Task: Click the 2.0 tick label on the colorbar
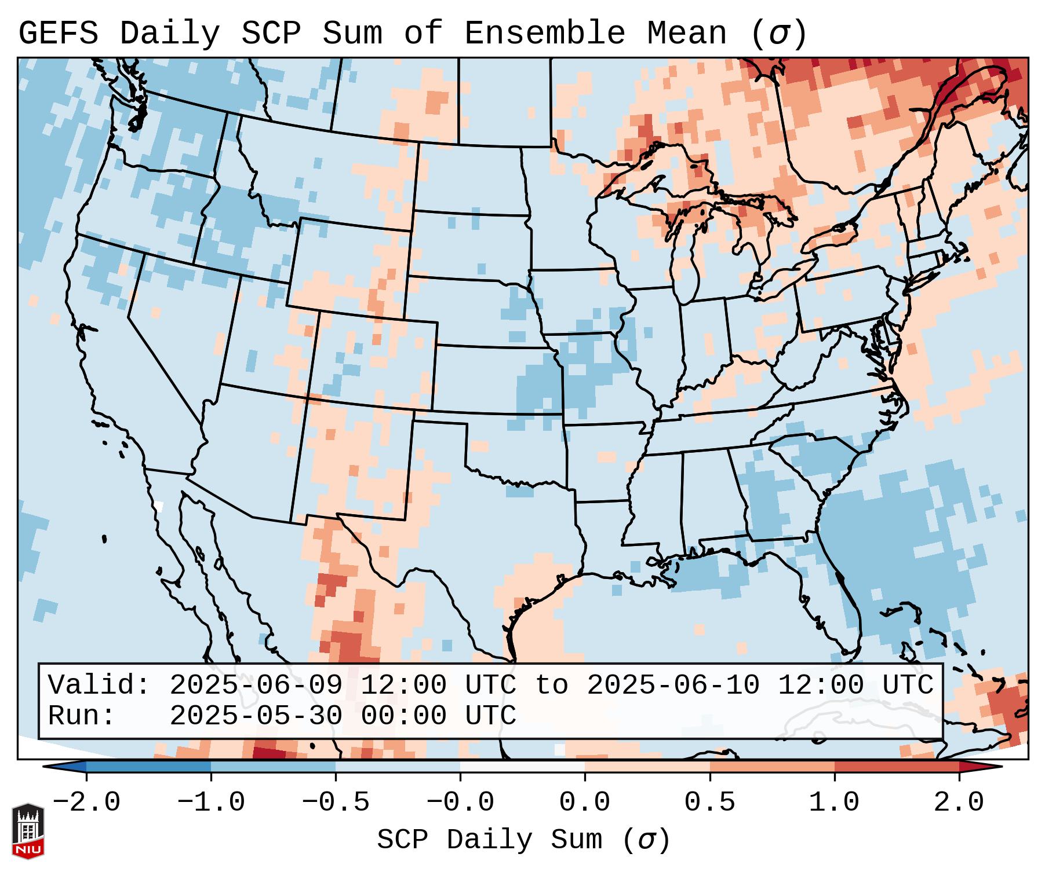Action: pos(959,803)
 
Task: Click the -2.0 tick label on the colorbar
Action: pos(86,803)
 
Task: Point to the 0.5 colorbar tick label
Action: pos(709,803)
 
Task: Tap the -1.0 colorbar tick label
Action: pos(211,803)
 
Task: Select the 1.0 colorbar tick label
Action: pos(834,803)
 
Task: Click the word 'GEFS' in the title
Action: pos(59,33)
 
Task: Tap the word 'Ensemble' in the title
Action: pos(545,33)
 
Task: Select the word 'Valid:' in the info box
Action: pos(99,686)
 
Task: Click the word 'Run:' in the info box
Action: pos(81,716)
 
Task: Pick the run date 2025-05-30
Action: pos(256,716)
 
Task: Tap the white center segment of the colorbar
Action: pos(522,767)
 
